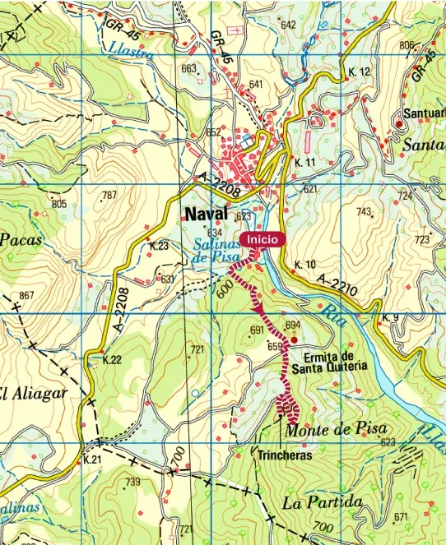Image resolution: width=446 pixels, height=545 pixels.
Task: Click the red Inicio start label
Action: (x=262, y=239)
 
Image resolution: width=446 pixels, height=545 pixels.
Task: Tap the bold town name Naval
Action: (x=207, y=214)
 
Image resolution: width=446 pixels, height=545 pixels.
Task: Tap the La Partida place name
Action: (x=323, y=501)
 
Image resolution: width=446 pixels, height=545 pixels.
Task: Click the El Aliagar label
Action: (x=33, y=392)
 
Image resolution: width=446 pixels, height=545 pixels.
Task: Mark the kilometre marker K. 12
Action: (x=360, y=72)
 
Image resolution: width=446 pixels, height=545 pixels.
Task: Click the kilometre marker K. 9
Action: (x=390, y=317)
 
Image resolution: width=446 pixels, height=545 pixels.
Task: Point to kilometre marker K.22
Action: (x=112, y=359)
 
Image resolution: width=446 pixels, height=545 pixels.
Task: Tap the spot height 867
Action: (x=27, y=295)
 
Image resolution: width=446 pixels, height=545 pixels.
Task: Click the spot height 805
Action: (x=58, y=203)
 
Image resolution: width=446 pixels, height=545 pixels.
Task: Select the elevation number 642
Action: (x=288, y=25)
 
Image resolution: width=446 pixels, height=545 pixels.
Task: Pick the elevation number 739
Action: (x=132, y=482)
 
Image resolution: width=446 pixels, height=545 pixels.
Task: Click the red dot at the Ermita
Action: (x=294, y=339)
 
